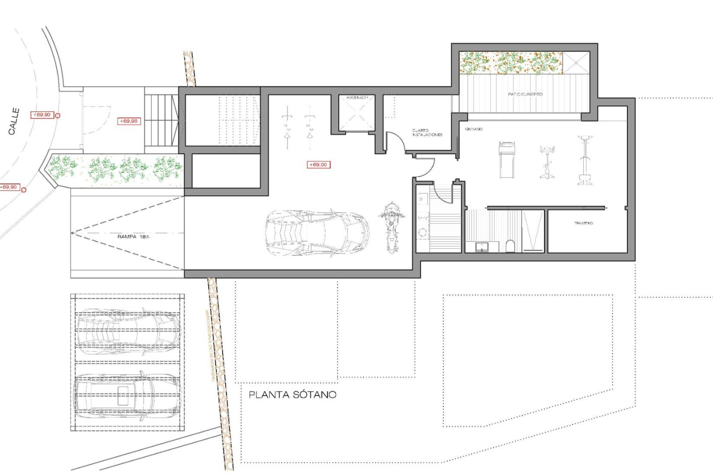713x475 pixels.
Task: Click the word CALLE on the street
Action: [x=14, y=121]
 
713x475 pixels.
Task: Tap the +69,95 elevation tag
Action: [x=128, y=121]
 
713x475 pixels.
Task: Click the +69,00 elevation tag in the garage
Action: [x=318, y=164]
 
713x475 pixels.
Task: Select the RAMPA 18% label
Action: [x=133, y=236]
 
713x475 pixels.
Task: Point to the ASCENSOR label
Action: [x=357, y=98]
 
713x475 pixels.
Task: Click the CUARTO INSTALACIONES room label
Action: [x=427, y=132]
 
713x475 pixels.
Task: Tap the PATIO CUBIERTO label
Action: [x=525, y=94]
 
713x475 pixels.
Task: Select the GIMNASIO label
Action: [x=474, y=129]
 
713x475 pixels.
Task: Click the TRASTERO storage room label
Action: [x=583, y=223]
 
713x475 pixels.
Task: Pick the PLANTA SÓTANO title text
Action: [x=292, y=394]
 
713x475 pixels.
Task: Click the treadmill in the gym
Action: [x=507, y=160]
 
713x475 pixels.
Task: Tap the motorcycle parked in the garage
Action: [x=391, y=227]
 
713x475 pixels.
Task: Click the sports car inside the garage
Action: [x=318, y=233]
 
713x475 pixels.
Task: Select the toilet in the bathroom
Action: [x=510, y=246]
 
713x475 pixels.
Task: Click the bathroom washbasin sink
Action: [x=482, y=246]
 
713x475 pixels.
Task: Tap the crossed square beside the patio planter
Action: [x=576, y=63]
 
